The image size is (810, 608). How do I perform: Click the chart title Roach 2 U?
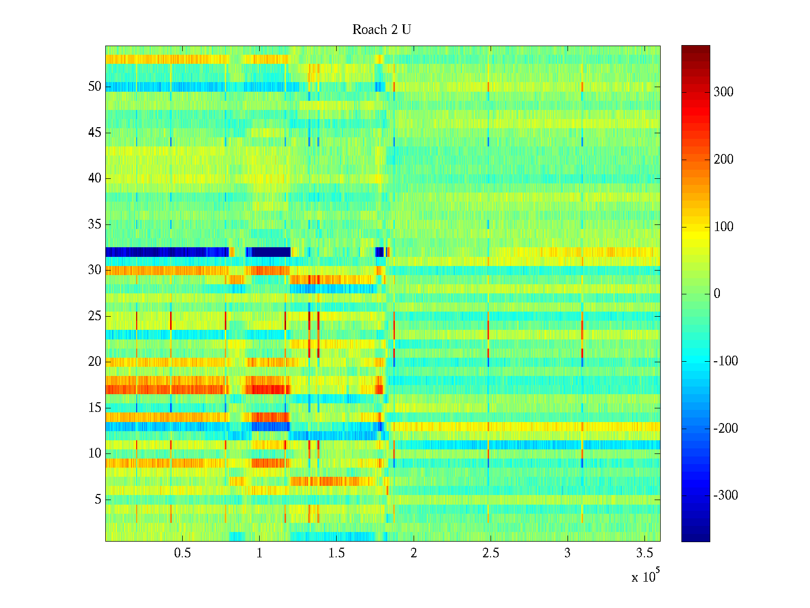(382, 30)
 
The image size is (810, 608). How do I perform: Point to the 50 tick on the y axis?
(95, 87)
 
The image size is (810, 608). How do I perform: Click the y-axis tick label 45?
(95, 133)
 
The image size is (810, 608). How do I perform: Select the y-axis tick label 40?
(95, 178)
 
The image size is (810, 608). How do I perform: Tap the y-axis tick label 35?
(95, 224)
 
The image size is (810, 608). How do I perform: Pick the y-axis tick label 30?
(95, 270)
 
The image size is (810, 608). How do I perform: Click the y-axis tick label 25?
(95, 316)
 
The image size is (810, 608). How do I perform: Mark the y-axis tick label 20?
(95, 362)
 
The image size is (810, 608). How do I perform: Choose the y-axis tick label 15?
(95, 408)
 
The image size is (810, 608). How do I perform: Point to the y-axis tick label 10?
(95, 453)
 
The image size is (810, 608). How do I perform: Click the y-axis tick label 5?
(98, 500)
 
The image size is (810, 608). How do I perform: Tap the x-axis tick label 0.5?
(182, 553)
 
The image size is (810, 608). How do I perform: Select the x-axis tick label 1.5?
(336, 553)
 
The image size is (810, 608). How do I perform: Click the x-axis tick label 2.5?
(491, 553)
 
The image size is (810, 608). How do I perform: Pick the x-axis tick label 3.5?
(644, 553)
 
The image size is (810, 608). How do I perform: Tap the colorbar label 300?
(723, 92)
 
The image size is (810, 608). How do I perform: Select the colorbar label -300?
(725, 496)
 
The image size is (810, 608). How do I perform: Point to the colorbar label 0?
(717, 294)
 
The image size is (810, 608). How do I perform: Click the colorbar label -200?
(725, 429)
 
